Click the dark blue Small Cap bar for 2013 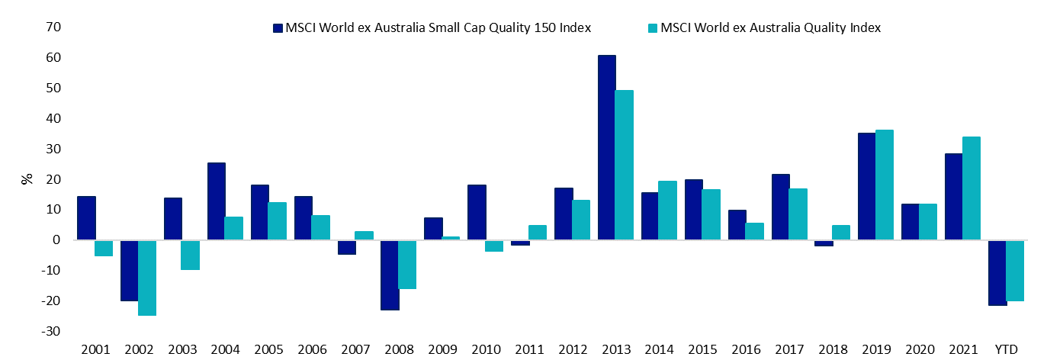(607, 147)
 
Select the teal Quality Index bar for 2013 (625, 165)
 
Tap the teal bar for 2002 (147, 278)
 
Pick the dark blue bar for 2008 (390, 275)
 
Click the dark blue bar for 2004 (216, 201)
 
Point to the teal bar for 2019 (885, 185)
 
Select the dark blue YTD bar (997, 272)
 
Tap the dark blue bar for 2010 (477, 212)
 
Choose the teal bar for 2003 (191, 255)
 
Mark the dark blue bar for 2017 (781, 207)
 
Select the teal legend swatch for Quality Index (653, 28)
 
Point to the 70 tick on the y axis (33, 27)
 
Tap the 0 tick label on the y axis (36, 240)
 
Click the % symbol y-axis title (27, 180)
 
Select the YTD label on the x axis (1006, 349)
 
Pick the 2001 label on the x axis (95, 349)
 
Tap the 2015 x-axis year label (702, 349)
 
